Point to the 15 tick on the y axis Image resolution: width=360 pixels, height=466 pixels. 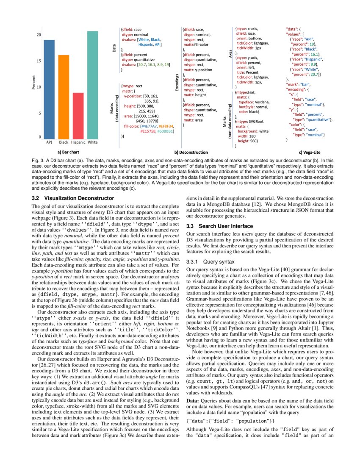39,61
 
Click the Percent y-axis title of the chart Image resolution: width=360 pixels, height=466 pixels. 33,83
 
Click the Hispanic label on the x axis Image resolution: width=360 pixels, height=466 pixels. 78,143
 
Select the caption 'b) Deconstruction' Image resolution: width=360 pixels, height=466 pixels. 191,152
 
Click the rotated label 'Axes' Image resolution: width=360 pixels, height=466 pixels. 230,54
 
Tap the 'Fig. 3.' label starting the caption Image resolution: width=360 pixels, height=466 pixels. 39,161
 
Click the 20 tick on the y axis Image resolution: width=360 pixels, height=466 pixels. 39,35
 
